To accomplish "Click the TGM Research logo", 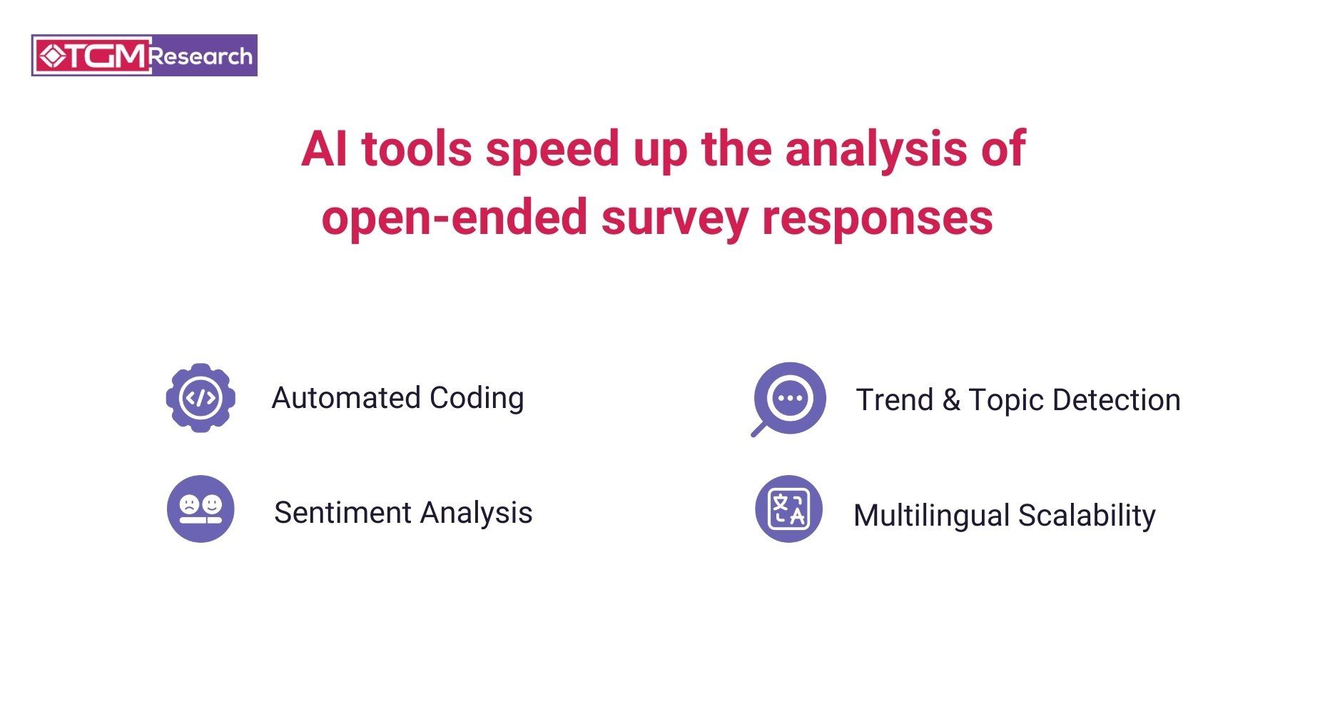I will [x=144, y=56].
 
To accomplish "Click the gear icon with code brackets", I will [x=201, y=398].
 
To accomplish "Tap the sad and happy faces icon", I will [x=201, y=509].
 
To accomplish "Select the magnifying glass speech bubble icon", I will [x=789, y=399].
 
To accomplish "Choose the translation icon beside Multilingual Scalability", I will [x=788, y=509].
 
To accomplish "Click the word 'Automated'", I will [x=346, y=398].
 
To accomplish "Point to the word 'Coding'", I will [x=477, y=399].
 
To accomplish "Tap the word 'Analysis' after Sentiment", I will [x=476, y=514].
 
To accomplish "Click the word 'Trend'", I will [x=895, y=400].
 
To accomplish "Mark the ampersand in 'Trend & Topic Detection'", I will [x=951, y=400].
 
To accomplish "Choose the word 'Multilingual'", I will [x=931, y=516].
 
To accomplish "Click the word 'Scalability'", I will [x=1087, y=516].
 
